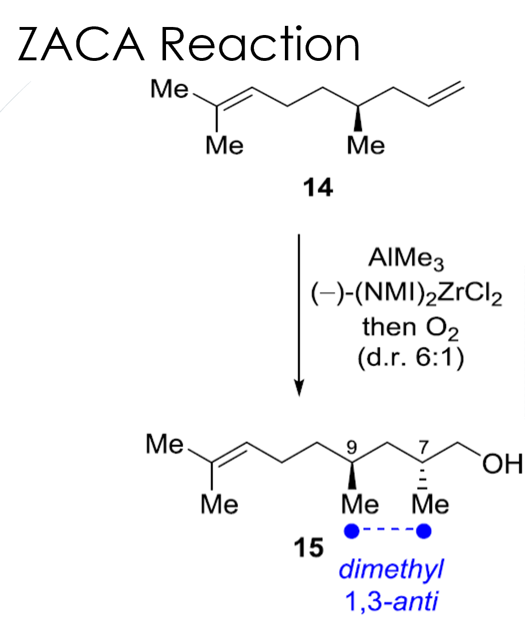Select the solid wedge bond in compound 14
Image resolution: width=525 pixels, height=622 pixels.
(358, 118)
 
